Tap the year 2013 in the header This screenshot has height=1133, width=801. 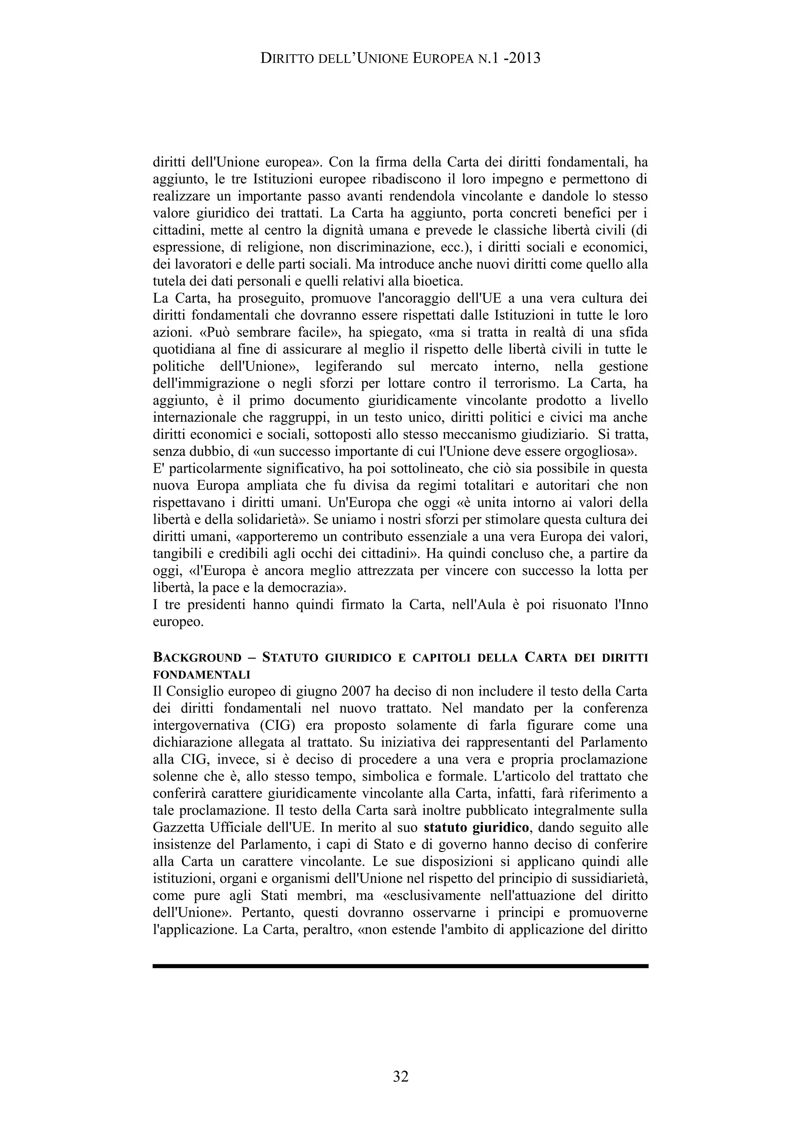point(524,59)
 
